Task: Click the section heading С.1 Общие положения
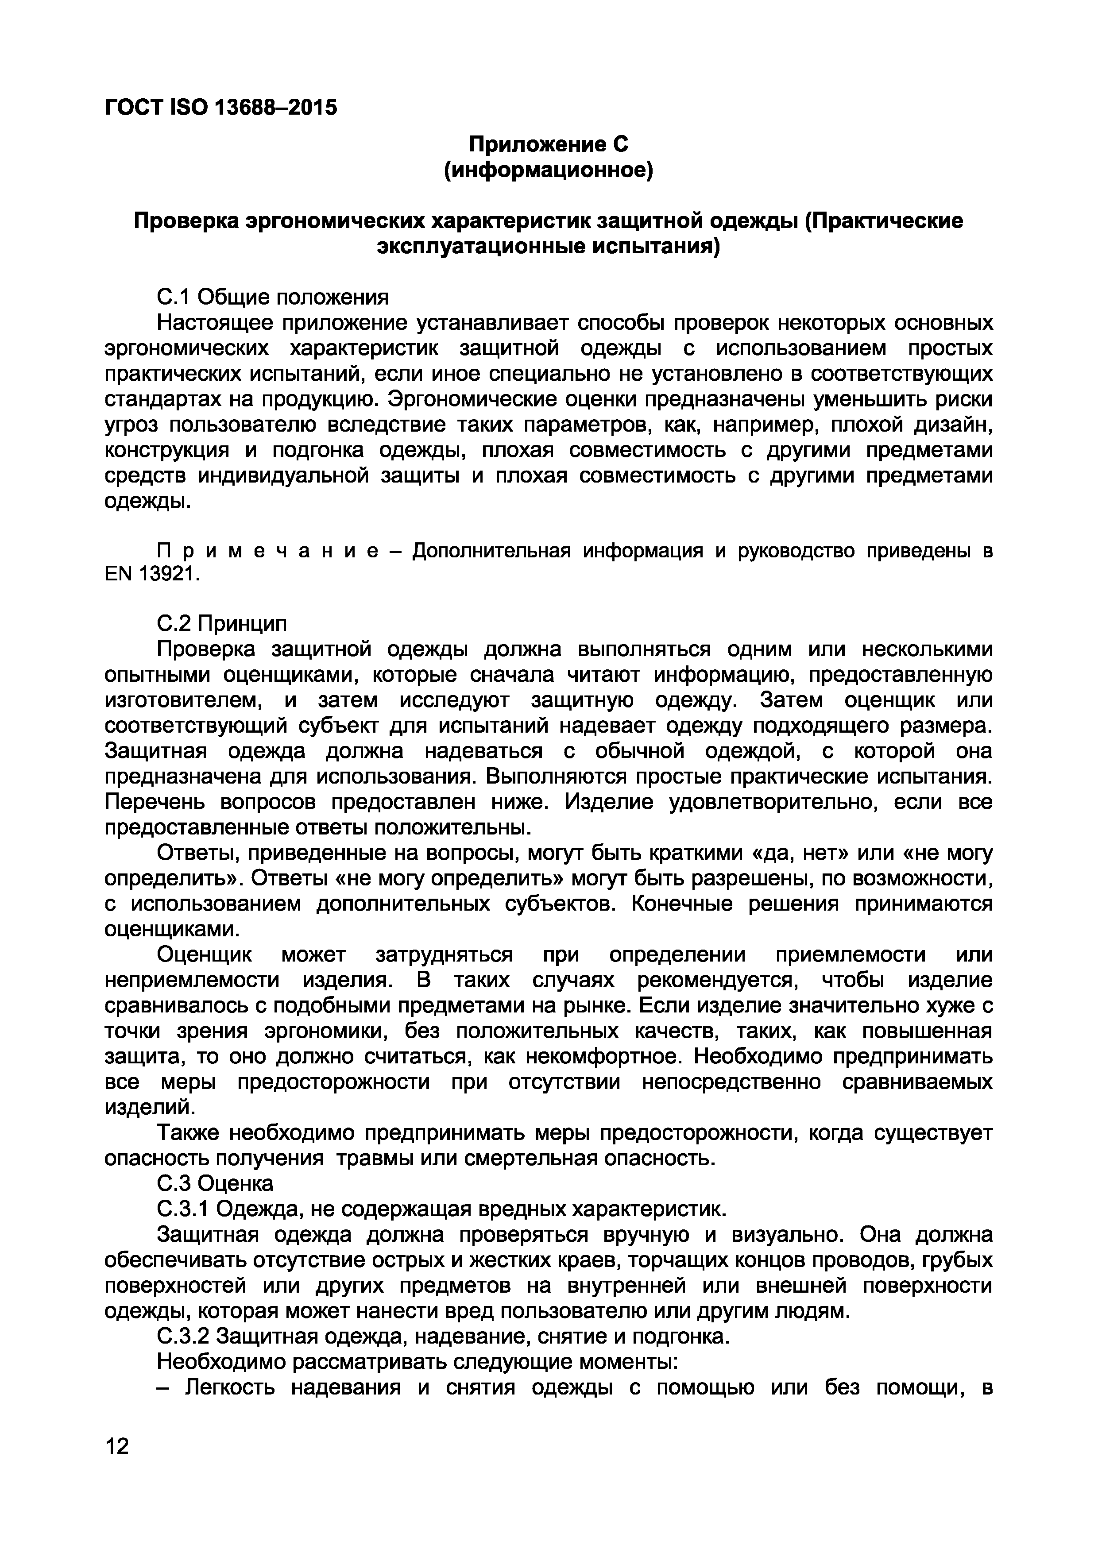[273, 297]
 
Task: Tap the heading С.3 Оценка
[215, 1183]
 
